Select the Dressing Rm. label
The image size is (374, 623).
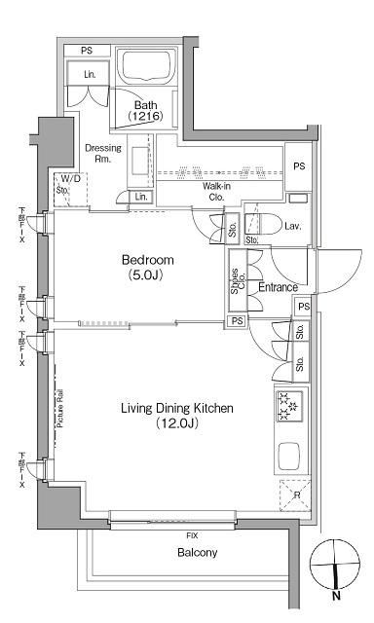[x=103, y=154]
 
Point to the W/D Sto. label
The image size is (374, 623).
[x=69, y=184]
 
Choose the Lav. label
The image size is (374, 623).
[x=291, y=226]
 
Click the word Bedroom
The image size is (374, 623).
[x=147, y=260]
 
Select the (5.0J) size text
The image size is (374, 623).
[x=147, y=275]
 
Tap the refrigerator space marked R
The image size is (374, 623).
[x=294, y=495]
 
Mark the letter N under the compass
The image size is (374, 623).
[x=336, y=596]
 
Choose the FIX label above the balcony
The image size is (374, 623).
[x=193, y=535]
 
